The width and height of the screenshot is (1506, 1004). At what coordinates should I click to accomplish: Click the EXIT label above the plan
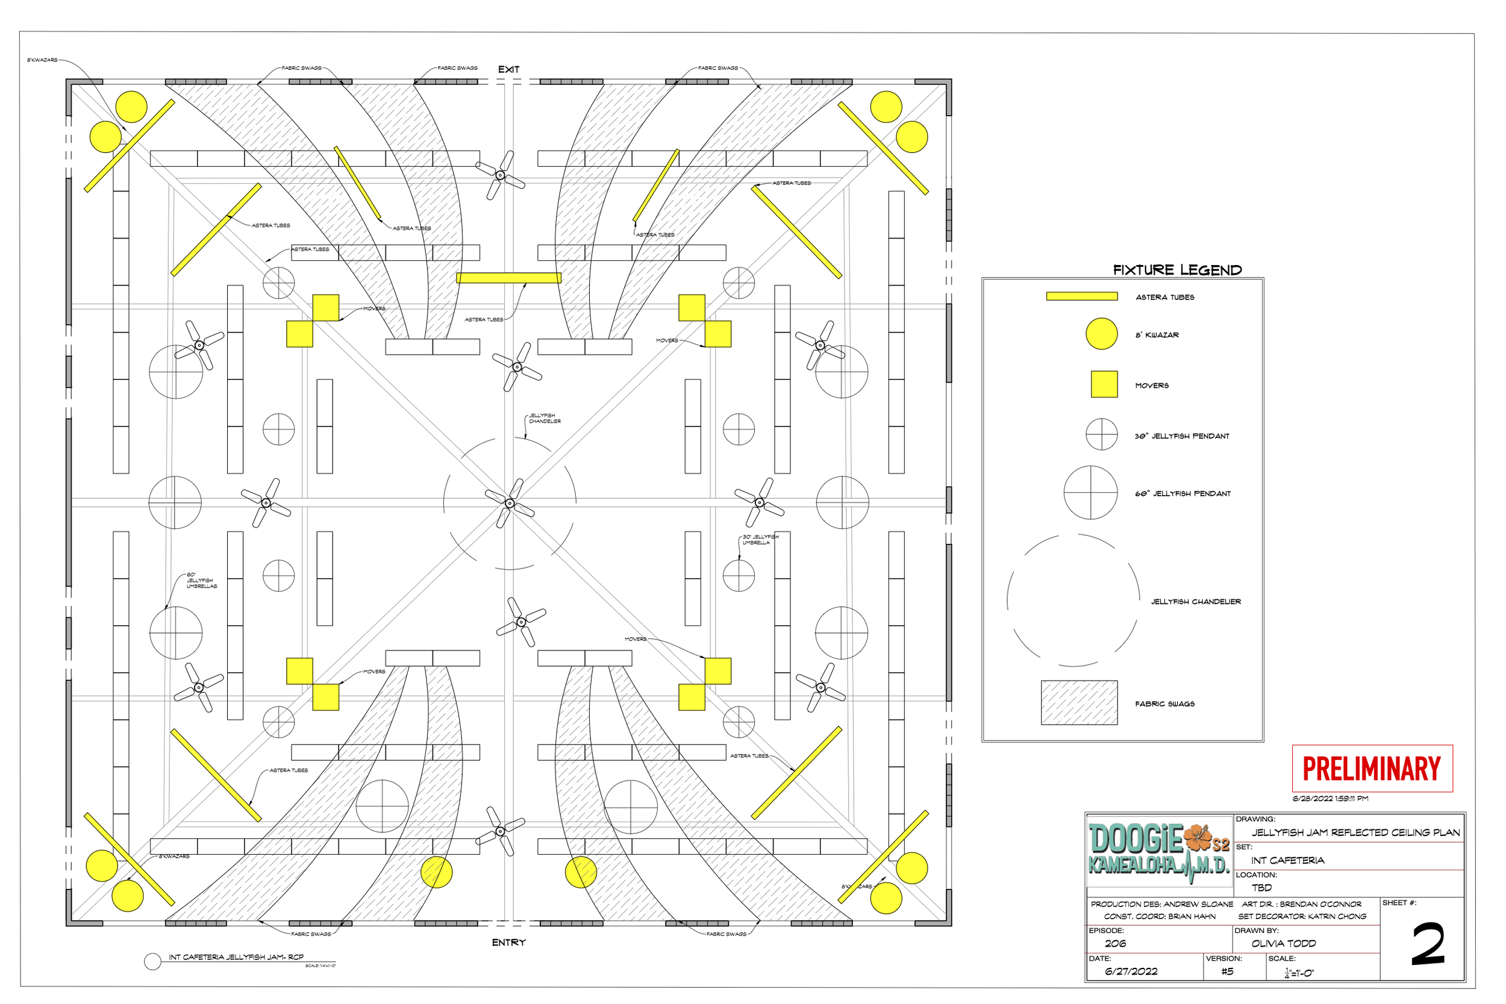click(x=508, y=69)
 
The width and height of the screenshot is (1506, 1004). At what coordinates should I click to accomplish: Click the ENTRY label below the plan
click(x=508, y=943)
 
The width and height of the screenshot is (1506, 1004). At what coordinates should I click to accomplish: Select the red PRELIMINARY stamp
click(x=1372, y=769)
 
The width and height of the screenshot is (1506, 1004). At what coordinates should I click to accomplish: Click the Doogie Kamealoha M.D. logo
click(x=1159, y=852)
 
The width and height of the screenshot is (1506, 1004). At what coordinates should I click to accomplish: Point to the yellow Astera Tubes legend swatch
click(x=1081, y=296)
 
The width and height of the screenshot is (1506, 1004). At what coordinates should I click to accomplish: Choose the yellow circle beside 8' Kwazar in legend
click(x=1101, y=334)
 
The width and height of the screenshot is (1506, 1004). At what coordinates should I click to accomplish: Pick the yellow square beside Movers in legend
click(x=1104, y=384)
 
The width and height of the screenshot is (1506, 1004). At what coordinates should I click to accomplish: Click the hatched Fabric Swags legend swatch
click(x=1079, y=702)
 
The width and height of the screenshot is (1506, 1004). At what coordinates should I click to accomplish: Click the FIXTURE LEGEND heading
click(x=1177, y=270)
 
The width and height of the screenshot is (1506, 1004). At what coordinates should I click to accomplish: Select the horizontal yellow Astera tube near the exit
click(x=508, y=278)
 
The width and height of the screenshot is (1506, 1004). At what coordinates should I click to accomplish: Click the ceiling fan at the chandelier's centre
click(x=510, y=504)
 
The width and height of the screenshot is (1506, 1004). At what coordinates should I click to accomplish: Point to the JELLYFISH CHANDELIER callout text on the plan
click(x=544, y=418)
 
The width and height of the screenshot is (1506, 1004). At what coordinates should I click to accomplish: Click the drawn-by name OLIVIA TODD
click(x=1283, y=943)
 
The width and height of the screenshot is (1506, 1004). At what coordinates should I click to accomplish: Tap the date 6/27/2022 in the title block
click(x=1131, y=971)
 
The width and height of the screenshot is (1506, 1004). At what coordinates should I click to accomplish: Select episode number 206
click(x=1115, y=943)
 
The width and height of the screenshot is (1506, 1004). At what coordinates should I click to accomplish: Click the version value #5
click(x=1227, y=971)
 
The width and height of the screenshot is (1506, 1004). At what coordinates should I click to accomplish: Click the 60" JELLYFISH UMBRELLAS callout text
click(x=201, y=580)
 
